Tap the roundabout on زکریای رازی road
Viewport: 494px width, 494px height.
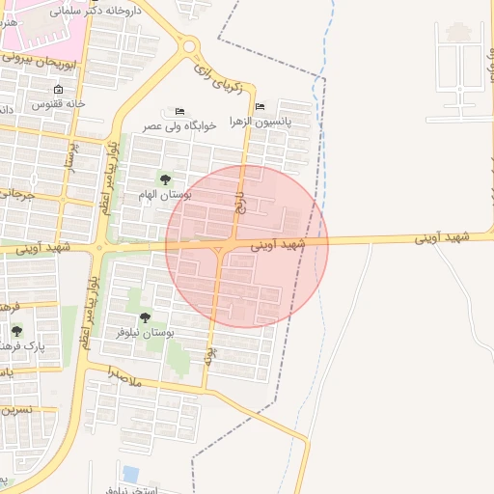(189, 44)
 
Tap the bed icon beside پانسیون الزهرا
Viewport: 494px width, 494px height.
(261, 107)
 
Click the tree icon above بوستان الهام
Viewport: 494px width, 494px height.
(165, 179)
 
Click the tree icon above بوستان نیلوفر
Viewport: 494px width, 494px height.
(146, 317)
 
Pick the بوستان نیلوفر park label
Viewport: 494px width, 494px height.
(144, 332)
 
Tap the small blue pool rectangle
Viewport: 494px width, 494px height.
(131, 474)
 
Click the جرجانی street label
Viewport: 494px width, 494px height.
(16, 196)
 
